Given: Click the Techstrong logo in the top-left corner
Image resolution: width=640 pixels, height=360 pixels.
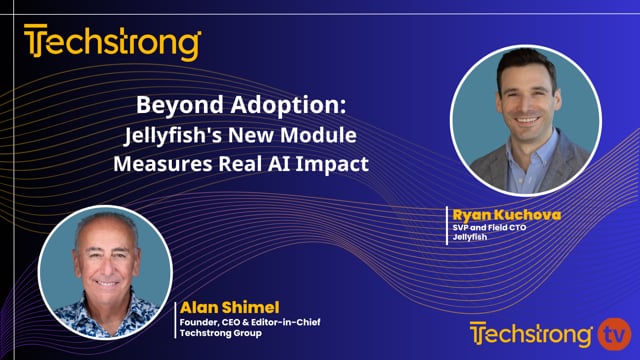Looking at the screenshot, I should (112, 43).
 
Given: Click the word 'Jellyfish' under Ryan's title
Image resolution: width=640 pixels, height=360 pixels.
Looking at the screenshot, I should (469, 238).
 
